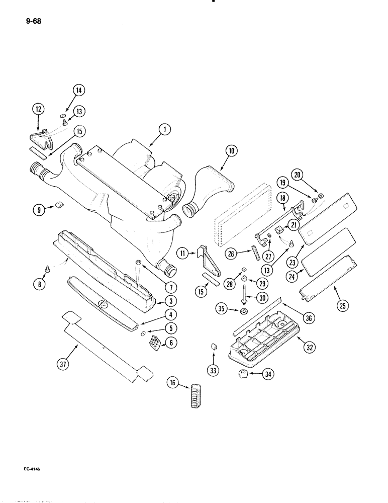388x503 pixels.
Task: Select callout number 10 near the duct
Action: pyautogui.click(x=232, y=150)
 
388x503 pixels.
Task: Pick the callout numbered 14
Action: pyautogui.click(x=78, y=91)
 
